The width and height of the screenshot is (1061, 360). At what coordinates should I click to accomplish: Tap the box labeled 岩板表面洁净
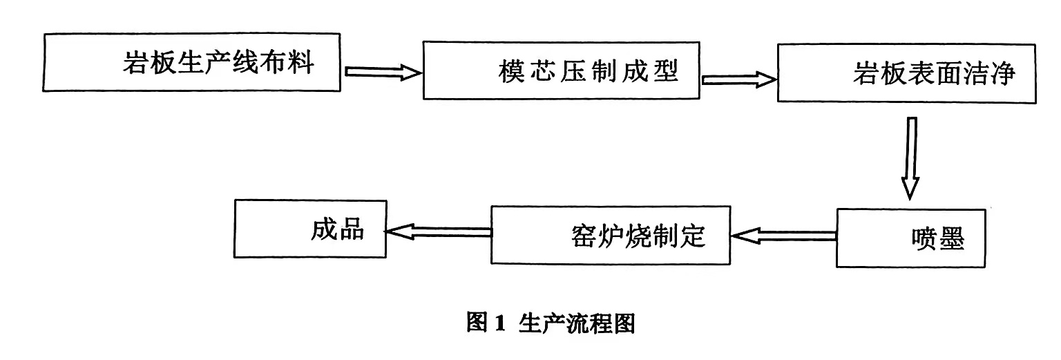pyautogui.click(x=906, y=74)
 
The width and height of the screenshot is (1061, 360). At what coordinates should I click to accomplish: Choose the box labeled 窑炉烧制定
pyautogui.click(x=610, y=235)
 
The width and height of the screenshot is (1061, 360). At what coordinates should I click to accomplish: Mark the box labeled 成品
pyautogui.click(x=310, y=229)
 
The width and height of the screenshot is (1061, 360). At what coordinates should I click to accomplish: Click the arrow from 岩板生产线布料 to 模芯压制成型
pyautogui.click(x=382, y=72)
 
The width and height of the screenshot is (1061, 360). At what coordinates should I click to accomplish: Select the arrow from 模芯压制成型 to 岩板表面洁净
pyautogui.click(x=738, y=79)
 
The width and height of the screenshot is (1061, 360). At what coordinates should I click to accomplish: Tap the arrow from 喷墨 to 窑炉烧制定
pyautogui.click(x=784, y=236)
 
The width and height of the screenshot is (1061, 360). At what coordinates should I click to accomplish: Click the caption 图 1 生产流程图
pyautogui.click(x=550, y=323)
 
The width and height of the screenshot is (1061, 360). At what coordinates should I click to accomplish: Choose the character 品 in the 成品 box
pyautogui.click(x=351, y=229)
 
